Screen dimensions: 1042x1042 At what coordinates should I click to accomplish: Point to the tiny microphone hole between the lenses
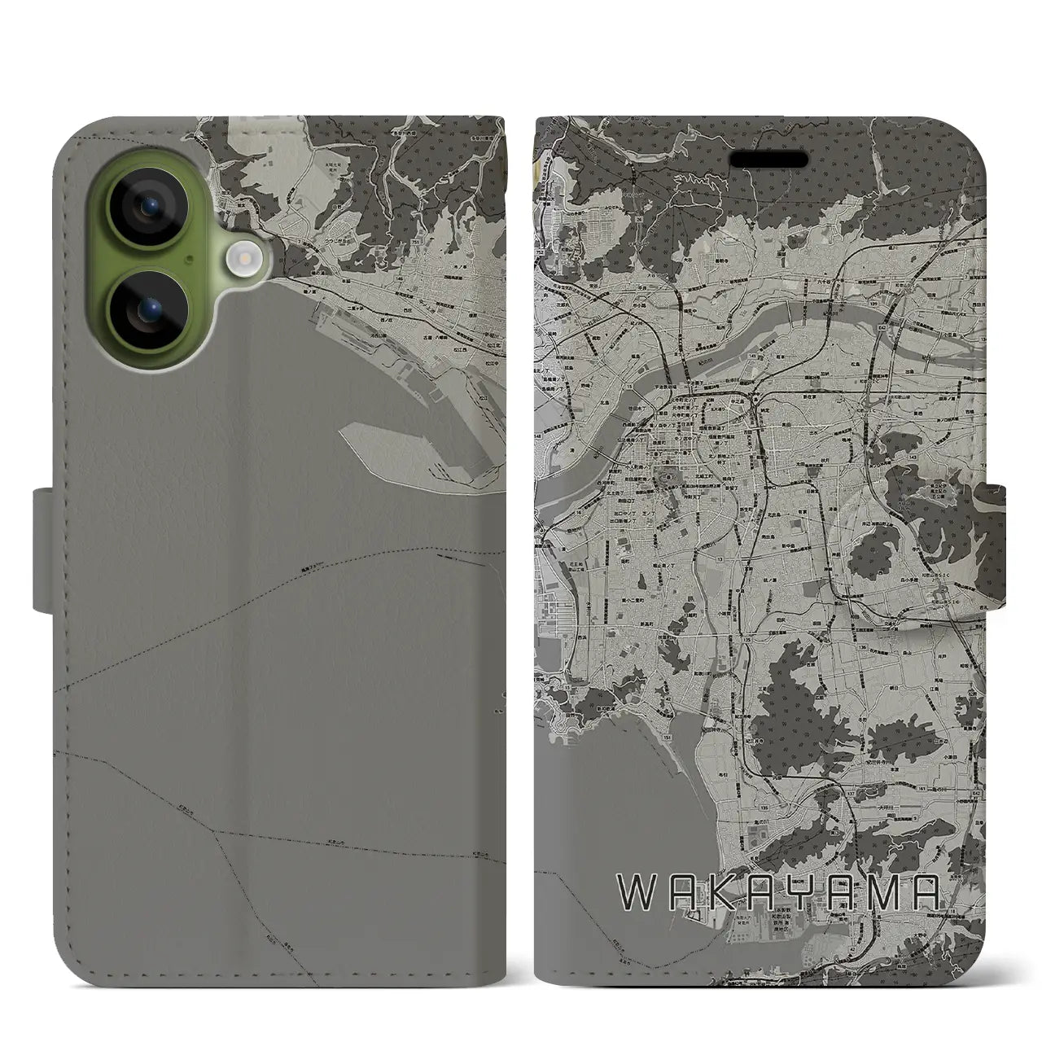pos(189,260)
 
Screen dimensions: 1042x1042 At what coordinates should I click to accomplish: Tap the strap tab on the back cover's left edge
pos(45,549)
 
